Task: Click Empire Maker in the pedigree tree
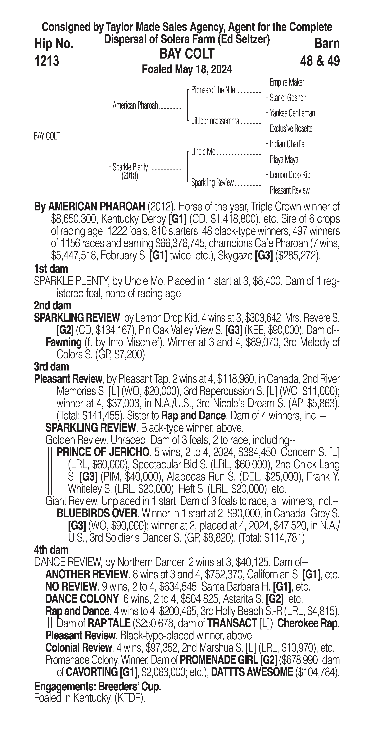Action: tap(287, 82)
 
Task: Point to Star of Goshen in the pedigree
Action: tap(288, 98)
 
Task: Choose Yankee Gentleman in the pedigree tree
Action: tap(292, 113)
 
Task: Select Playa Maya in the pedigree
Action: tap(284, 159)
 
